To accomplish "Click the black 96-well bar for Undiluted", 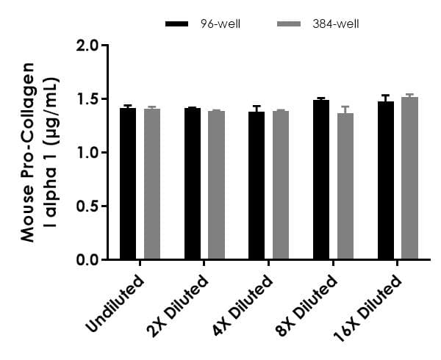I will (128, 184).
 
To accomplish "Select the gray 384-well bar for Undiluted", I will (152, 184).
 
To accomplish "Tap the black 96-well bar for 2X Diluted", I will (193, 184).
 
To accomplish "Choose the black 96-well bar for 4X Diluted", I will (257, 185).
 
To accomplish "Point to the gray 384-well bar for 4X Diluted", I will (281, 185).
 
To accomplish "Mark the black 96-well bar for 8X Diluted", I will (321, 180).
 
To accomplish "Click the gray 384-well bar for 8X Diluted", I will (345, 187).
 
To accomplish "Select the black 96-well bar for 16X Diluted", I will (386, 181).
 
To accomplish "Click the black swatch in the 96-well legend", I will (178, 24).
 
